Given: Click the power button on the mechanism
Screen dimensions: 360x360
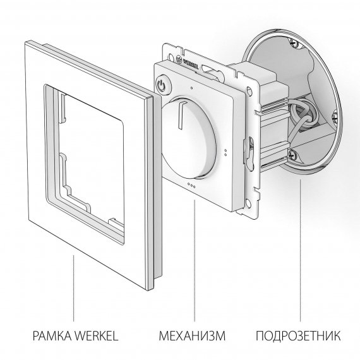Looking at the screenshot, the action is [x=163, y=84].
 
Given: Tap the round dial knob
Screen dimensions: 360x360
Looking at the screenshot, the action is [x=189, y=138].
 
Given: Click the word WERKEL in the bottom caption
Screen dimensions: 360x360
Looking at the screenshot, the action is [x=97, y=335].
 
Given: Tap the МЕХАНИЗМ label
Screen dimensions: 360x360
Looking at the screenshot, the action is [x=192, y=335].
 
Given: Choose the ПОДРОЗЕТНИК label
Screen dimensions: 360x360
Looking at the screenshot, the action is [x=298, y=335].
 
